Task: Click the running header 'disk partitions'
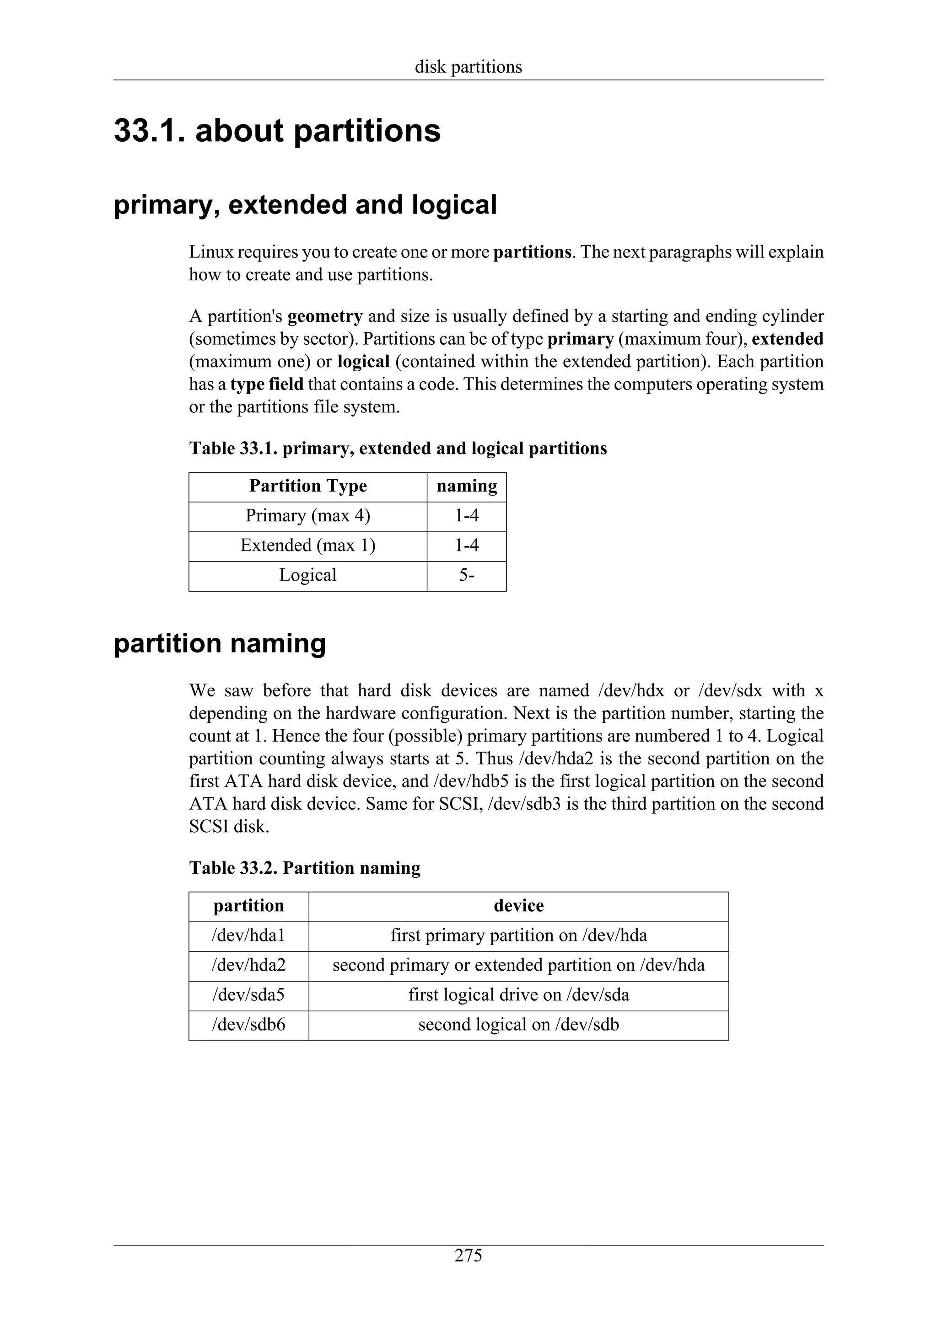click(x=468, y=67)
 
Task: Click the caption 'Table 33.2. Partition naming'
click(x=304, y=868)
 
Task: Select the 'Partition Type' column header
click(x=308, y=486)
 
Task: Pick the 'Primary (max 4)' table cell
click(x=308, y=515)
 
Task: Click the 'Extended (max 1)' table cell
click(x=308, y=545)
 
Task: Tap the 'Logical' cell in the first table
click(x=308, y=575)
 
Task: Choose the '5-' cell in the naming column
click(x=467, y=575)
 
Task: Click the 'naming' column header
click(x=467, y=486)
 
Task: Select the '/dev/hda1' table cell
click(x=248, y=935)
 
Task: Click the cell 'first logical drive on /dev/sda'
click(x=518, y=994)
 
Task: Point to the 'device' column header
click(x=518, y=905)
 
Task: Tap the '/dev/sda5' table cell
click(x=248, y=994)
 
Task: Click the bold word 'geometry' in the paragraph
click(x=325, y=316)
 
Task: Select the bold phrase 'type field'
click(x=267, y=385)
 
